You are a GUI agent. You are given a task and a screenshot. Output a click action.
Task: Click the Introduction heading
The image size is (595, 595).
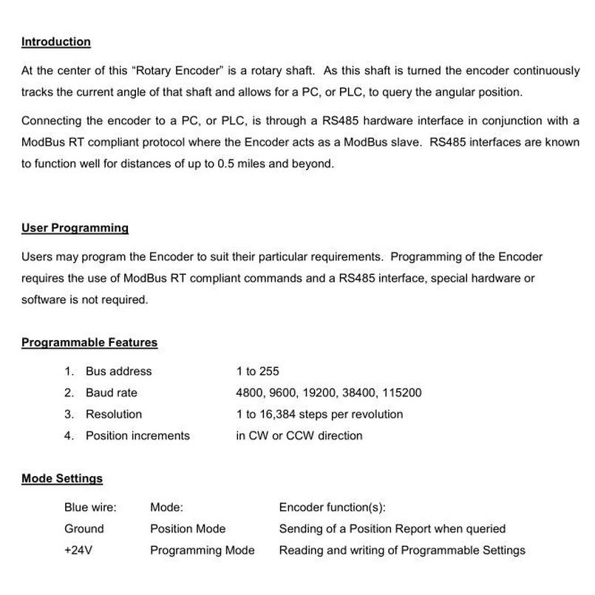(56, 42)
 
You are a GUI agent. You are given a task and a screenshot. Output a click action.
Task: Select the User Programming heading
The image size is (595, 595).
(75, 228)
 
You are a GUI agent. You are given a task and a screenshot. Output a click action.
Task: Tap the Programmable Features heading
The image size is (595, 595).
(89, 343)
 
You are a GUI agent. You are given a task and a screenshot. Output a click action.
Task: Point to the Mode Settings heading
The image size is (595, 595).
(62, 479)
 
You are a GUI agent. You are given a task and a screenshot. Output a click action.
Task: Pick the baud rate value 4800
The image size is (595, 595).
(249, 393)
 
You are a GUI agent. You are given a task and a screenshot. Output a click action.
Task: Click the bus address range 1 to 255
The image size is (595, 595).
(257, 372)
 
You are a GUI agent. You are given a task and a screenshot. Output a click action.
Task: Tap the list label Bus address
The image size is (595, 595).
(118, 372)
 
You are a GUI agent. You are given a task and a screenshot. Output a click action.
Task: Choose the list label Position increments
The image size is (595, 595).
(137, 436)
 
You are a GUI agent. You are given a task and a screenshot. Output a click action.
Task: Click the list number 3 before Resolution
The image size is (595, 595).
(69, 415)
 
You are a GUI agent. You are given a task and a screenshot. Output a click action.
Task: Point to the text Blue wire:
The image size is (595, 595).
(90, 508)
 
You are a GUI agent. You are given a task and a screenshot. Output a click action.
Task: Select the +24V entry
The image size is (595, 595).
(79, 551)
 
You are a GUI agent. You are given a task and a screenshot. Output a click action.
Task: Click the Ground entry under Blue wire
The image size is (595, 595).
(84, 529)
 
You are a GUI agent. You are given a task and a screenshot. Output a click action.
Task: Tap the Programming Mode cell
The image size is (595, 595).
(202, 551)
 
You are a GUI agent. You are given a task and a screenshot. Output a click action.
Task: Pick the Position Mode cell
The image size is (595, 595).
(188, 529)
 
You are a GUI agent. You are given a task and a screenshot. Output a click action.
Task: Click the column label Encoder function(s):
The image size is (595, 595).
(333, 508)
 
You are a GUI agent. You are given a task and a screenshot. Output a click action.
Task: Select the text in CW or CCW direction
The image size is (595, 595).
(299, 436)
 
